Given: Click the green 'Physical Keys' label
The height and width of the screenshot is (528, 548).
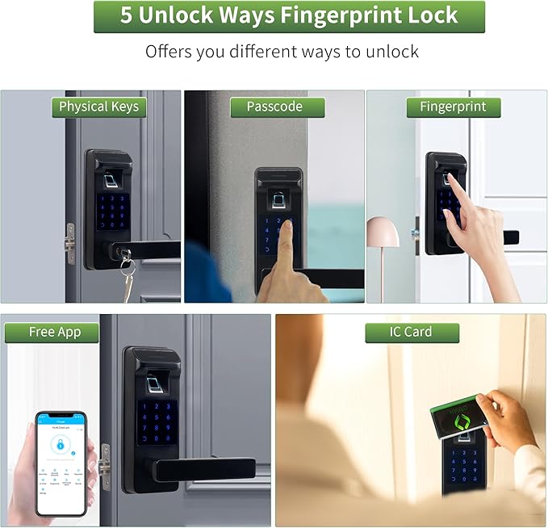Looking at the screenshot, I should click(x=98, y=107).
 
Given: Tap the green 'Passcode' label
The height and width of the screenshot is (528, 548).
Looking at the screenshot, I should click(x=274, y=107).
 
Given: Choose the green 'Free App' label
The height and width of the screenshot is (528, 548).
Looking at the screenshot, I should click(x=52, y=332).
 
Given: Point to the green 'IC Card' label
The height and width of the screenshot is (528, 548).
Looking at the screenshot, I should click(x=411, y=332).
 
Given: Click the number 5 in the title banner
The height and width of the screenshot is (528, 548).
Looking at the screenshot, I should click(x=127, y=16).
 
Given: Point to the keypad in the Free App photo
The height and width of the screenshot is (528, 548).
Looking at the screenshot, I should click(x=157, y=422).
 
